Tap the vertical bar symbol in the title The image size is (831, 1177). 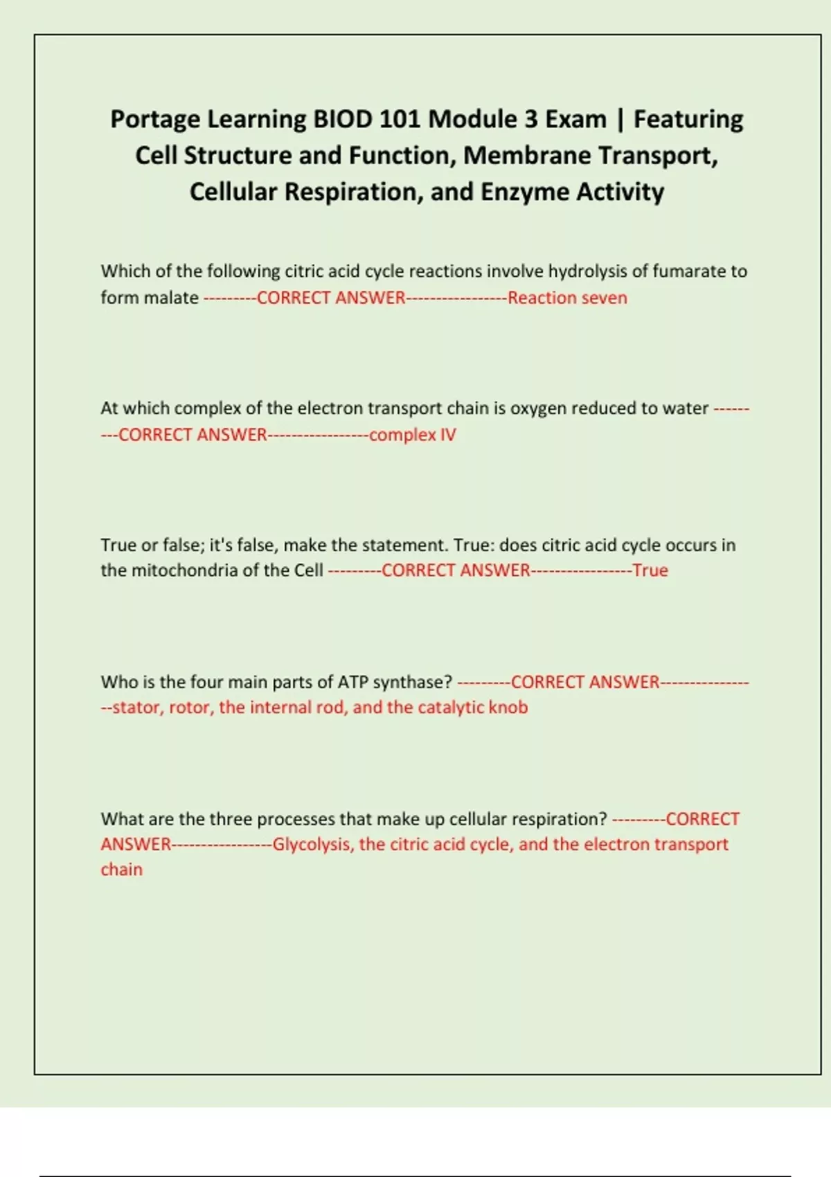620,120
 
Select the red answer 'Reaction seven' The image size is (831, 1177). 567,298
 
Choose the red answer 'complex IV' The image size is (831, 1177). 412,435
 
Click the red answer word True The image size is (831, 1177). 650,570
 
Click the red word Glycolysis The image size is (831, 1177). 312,845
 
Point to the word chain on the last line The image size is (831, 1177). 121,870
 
